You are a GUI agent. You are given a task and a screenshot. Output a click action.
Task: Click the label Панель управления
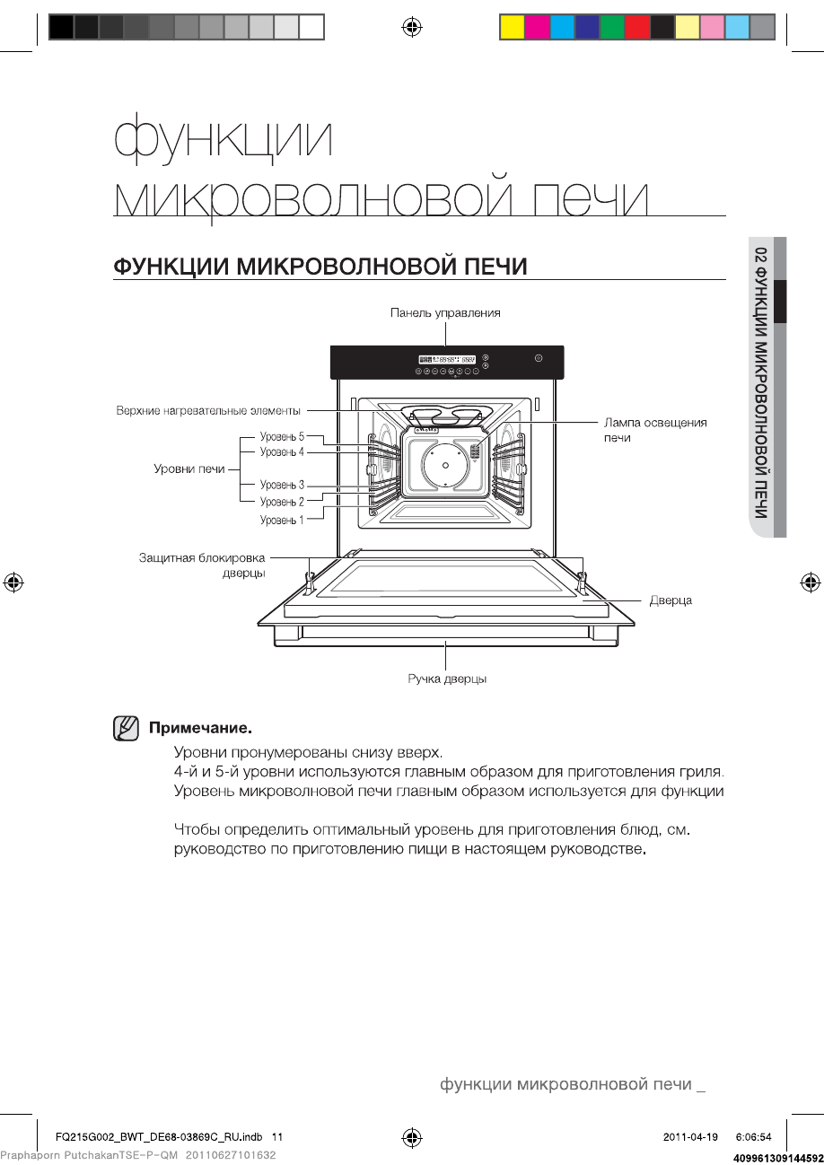(x=445, y=313)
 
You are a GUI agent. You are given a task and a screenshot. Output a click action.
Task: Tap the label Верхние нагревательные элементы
(x=208, y=411)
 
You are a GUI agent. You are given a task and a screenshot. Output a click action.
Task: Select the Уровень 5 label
(x=282, y=436)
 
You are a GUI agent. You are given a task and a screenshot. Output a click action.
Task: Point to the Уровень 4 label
(x=282, y=452)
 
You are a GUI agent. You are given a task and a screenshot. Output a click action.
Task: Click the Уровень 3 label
(x=282, y=486)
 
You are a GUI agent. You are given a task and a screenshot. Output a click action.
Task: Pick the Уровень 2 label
(x=282, y=502)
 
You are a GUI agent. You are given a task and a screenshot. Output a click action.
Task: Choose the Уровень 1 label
(x=282, y=520)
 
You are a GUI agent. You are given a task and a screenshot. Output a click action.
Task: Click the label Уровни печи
(x=189, y=469)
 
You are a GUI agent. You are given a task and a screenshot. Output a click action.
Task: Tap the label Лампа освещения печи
(x=655, y=429)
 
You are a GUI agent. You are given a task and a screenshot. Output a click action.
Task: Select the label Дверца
(x=671, y=600)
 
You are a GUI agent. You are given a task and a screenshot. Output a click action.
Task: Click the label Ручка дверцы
(x=447, y=679)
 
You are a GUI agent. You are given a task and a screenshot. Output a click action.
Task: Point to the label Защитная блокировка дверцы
(x=202, y=565)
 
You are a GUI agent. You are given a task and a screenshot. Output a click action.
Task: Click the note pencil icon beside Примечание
(x=127, y=727)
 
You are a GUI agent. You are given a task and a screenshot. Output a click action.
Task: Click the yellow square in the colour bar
(x=512, y=28)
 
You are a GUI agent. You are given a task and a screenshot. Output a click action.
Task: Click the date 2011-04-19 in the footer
(x=691, y=1136)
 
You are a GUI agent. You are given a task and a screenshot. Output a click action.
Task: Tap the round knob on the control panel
(x=538, y=358)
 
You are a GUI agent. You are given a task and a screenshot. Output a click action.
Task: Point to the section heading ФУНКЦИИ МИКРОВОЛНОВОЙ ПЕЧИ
(x=320, y=267)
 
